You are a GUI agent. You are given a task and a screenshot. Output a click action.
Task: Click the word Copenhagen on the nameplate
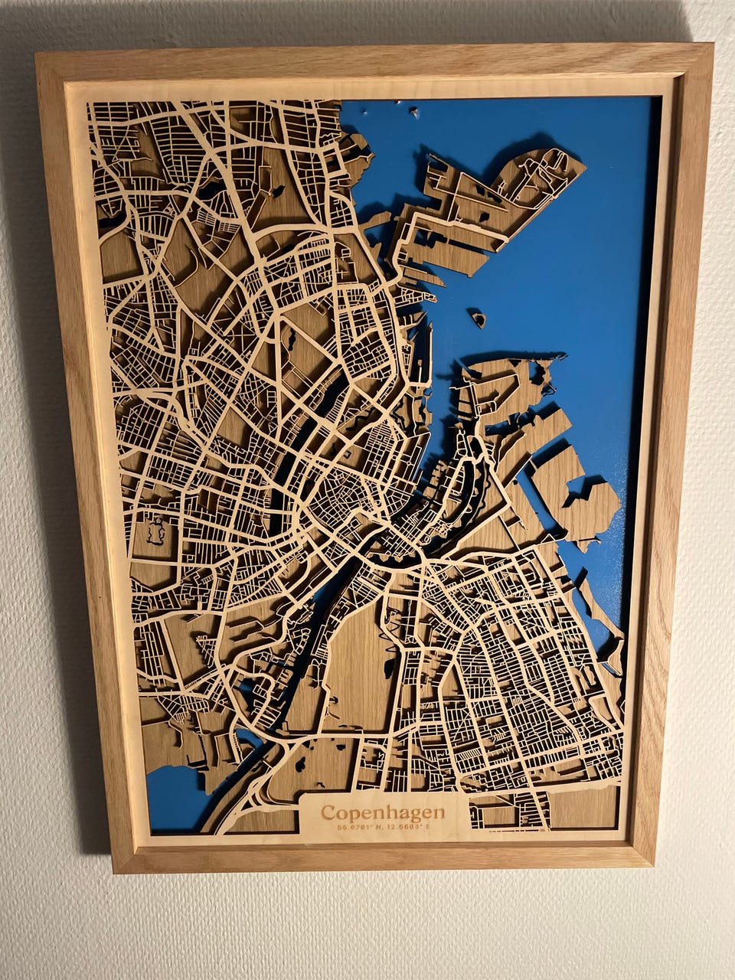pos(382,812)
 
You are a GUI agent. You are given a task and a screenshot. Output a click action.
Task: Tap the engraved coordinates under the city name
pos(382,827)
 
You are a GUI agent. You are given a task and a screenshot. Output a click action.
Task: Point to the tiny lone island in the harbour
pos(478,317)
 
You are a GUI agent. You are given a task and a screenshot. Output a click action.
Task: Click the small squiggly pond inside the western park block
pos(157,530)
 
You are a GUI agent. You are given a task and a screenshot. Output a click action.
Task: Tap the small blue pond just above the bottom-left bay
pos(249,738)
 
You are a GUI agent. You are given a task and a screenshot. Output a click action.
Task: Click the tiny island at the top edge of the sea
pos(414,113)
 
